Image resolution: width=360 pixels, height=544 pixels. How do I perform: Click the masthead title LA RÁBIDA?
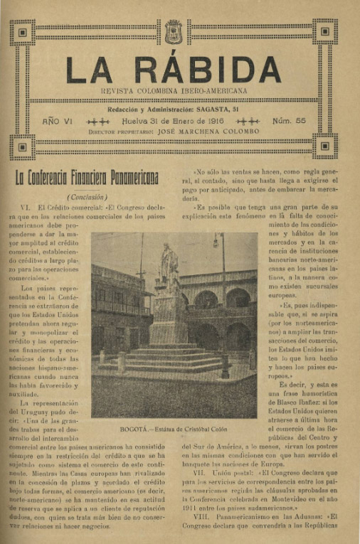tap(173, 69)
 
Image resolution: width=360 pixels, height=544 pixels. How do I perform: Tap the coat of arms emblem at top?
tap(173, 31)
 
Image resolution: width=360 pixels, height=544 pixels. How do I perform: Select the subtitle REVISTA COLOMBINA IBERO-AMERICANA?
tap(173, 92)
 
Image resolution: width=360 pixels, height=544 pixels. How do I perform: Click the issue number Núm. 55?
tap(288, 122)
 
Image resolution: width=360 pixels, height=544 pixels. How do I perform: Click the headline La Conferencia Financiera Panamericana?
tap(88, 177)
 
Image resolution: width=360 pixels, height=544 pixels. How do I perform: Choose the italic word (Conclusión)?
tap(87, 197)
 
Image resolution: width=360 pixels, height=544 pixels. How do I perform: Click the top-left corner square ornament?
tap(23, 32)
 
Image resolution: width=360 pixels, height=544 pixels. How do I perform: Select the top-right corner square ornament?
tap(325, 32)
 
